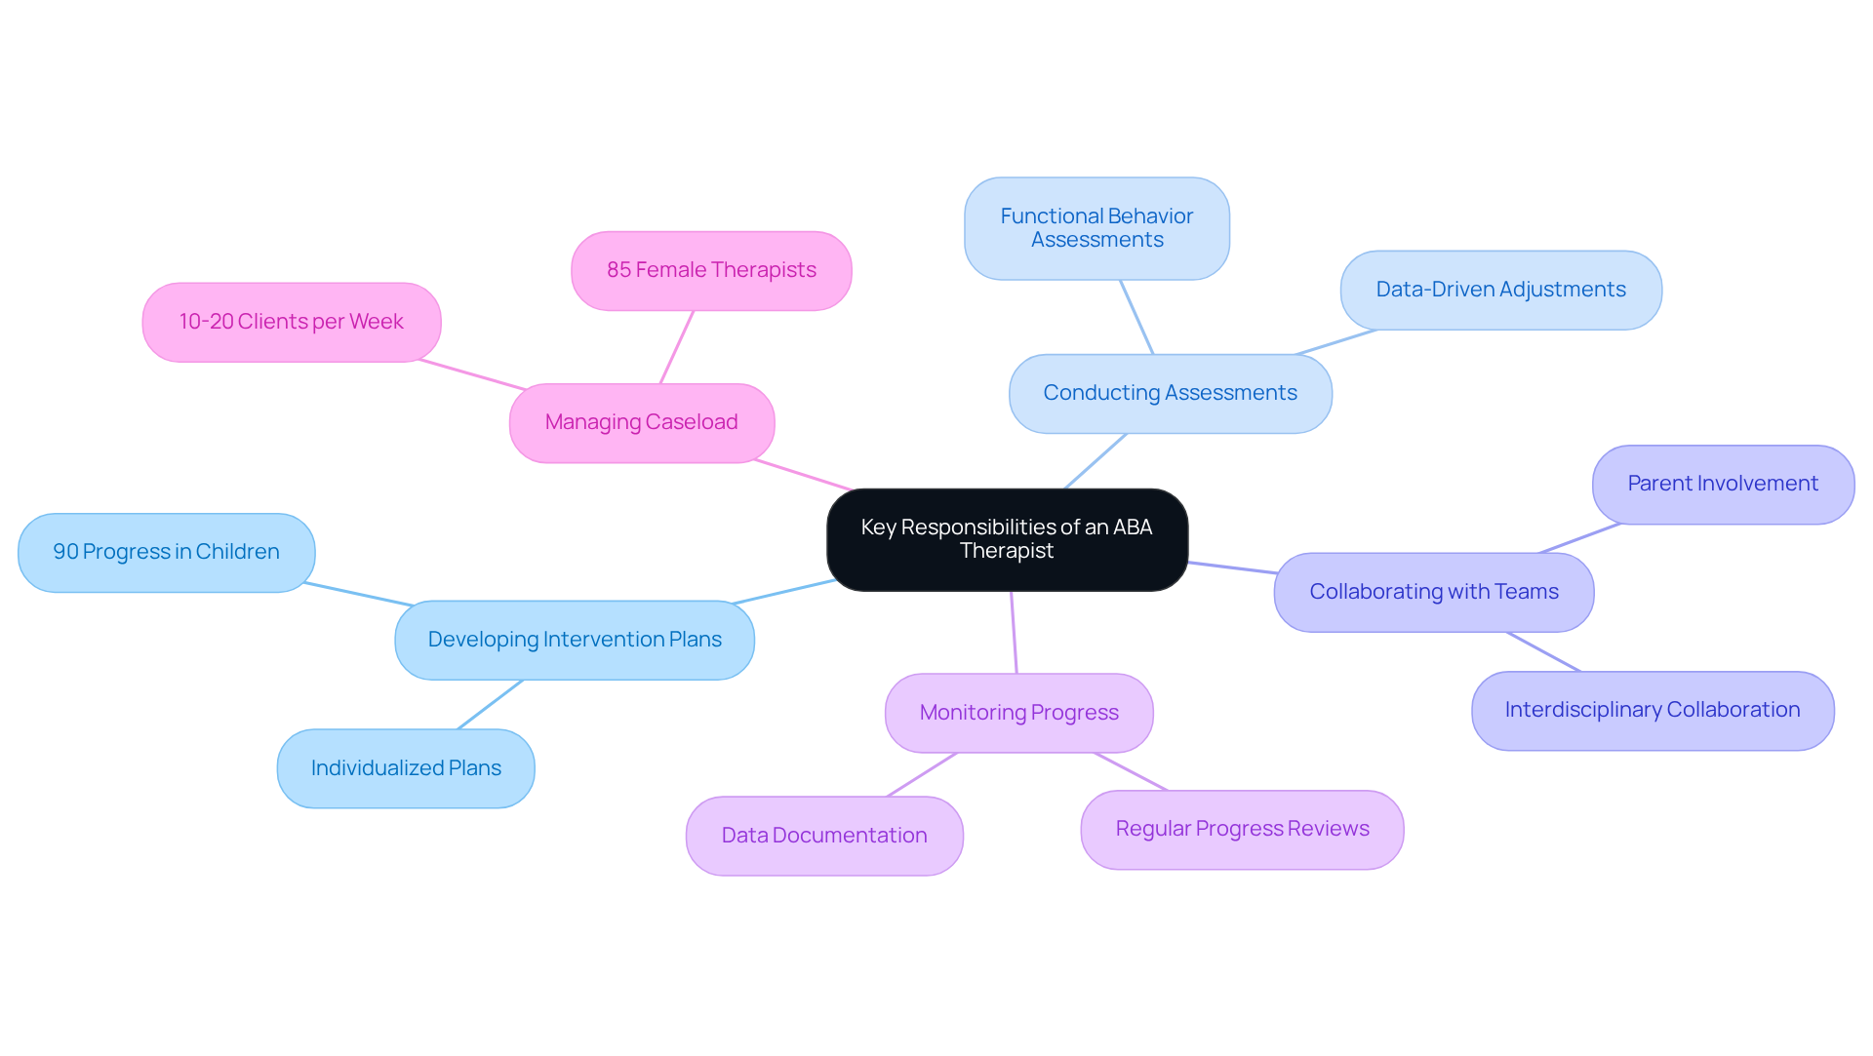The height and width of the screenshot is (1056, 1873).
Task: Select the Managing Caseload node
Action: coord(641,423)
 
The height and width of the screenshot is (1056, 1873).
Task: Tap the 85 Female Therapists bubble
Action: coord(711,271)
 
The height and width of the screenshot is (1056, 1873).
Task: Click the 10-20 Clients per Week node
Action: coord(291,323)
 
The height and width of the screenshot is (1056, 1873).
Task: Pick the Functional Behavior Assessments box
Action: coord(1096,229)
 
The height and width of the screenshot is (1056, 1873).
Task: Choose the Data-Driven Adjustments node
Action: coord(1500,291)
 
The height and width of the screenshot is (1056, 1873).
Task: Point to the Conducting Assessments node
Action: coord(1170,394)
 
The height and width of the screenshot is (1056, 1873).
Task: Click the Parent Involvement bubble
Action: coord(1723,485)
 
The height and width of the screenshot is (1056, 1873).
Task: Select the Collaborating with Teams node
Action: coord(1433,593)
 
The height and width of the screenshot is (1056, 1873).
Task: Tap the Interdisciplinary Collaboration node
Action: coord(1652,711)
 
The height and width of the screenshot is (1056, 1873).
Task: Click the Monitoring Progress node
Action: coord(1018,714)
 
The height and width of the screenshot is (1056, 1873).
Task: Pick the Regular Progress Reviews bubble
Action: coord(1242,830)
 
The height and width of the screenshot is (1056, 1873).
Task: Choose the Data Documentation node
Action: coord(824,837)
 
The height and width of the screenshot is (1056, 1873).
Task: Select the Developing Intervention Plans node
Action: coord(574,641)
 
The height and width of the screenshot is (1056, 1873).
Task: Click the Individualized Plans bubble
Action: coord(406,769)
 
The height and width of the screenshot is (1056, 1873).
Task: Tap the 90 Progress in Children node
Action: coord(166,553)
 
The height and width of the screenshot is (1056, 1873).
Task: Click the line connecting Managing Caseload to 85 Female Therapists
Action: coord(677,347)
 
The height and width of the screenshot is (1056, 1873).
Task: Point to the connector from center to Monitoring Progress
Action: coord(1014,632)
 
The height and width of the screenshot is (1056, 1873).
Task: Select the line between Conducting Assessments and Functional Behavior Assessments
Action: coord(1136,317)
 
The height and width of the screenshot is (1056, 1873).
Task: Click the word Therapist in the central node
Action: coord(1007,552)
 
